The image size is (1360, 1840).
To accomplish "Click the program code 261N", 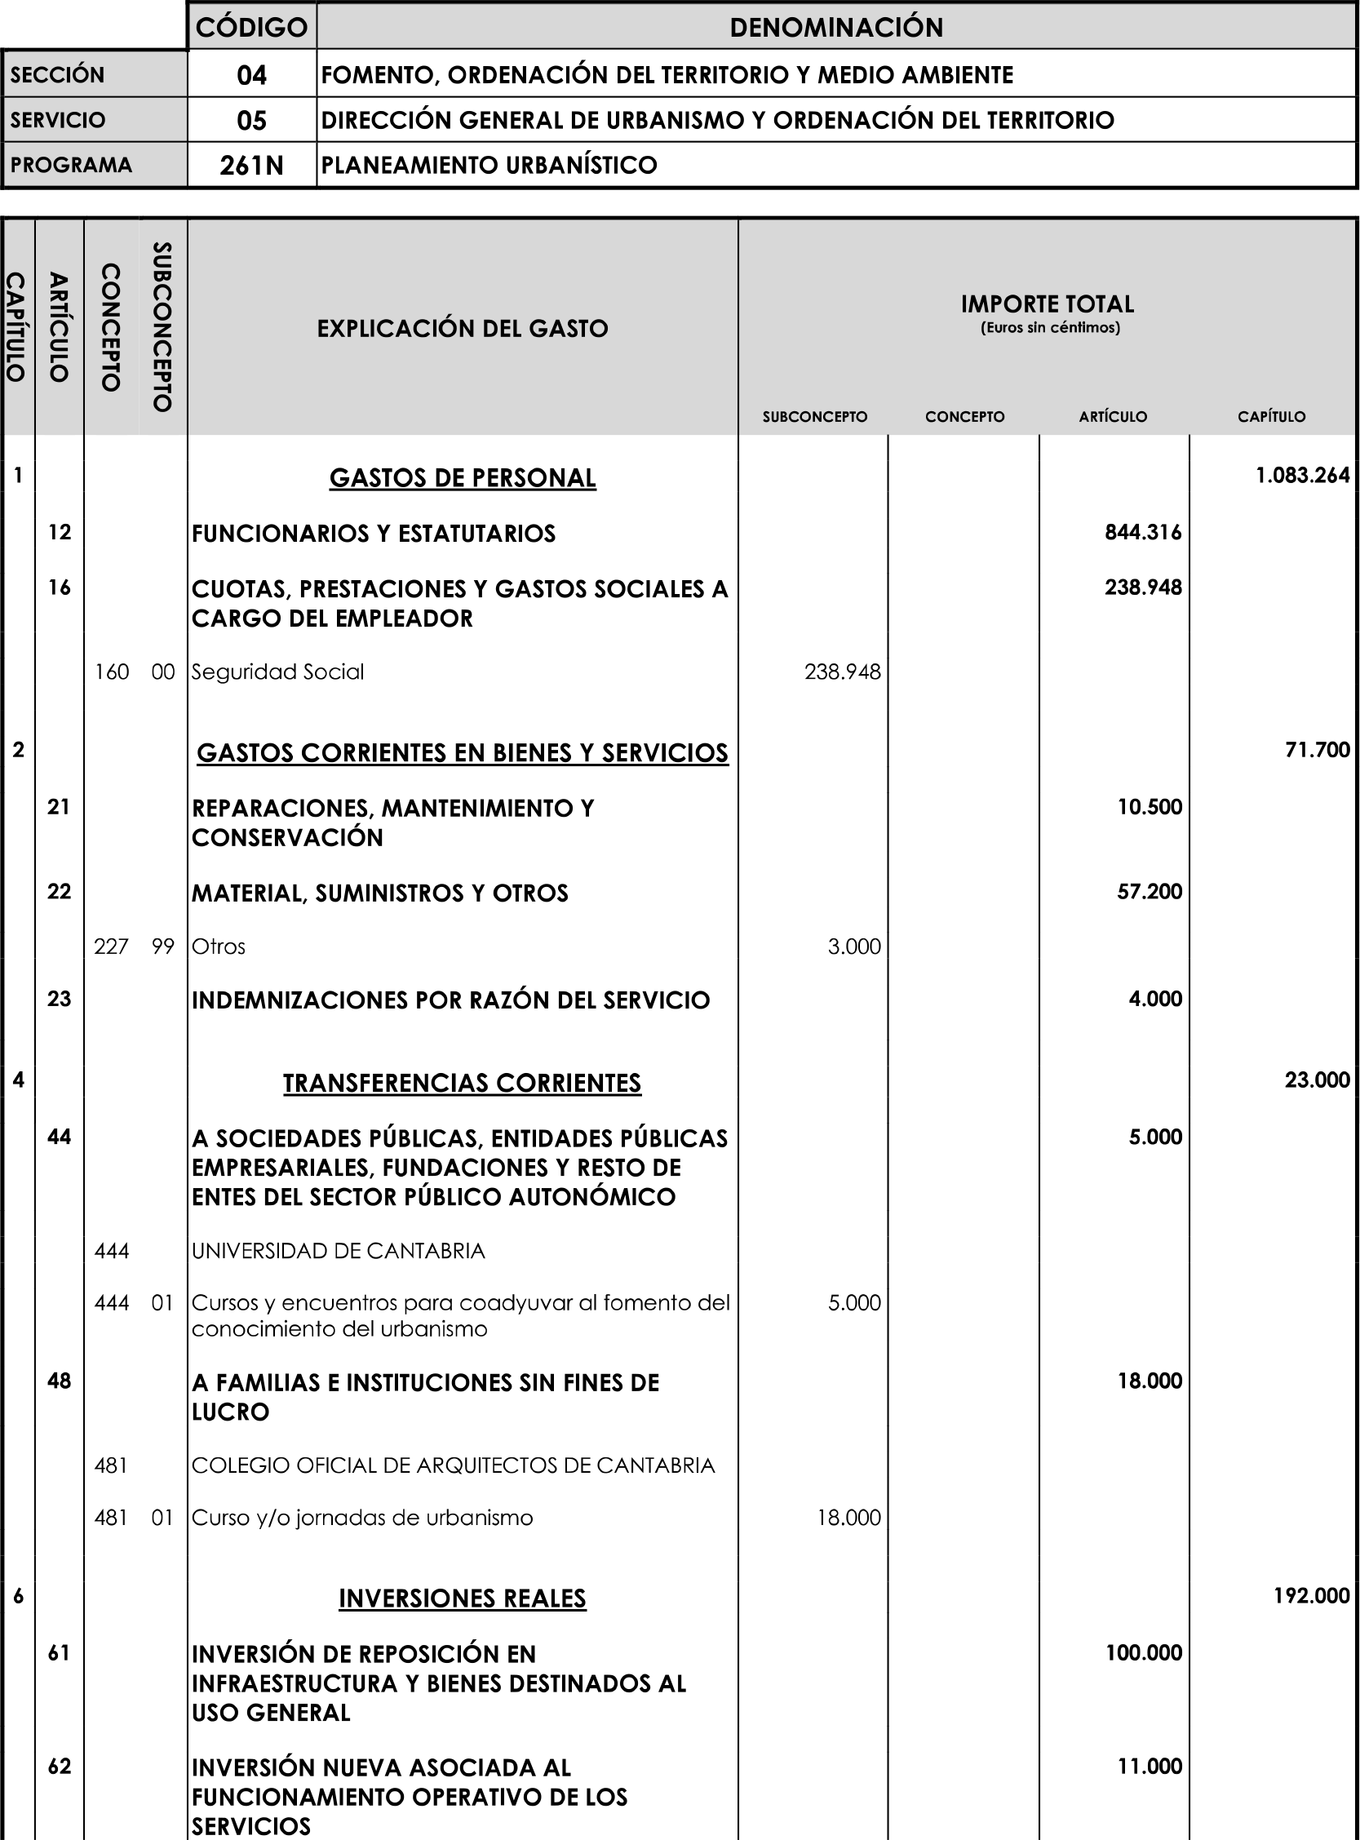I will pos(252,166).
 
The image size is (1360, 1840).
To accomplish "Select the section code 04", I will pos(252,76).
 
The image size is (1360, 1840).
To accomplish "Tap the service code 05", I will pos(252,121).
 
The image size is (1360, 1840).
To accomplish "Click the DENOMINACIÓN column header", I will pos(836,27).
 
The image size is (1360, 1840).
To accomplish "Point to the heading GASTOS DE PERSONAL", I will pos(463,478).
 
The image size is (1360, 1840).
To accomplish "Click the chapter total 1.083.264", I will pos(1302,475).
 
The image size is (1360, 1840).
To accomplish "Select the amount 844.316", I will pos(1143,533).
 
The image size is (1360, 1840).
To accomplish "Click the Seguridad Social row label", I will pos(277,672).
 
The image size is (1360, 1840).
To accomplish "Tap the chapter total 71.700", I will pos(1318,750).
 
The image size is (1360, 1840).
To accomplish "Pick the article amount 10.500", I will pos(1150,807).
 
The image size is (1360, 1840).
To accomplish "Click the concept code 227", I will pos(111,947).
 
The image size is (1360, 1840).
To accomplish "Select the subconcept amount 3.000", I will pos(854,947).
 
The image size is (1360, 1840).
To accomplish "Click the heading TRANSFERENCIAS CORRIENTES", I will pos(463,1084).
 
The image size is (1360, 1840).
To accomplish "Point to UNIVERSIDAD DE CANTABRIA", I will pos(339,1252).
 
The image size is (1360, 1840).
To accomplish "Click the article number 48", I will pos(60,1381).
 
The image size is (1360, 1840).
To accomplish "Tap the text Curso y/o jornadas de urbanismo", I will pos(362,1517).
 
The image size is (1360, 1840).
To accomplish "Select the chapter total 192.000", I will pos(1311,1595).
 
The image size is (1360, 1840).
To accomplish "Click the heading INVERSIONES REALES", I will pos(463,1598).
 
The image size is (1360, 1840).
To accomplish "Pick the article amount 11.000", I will pos(1150,1766).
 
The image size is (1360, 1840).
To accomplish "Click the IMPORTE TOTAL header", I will pos(1048,304).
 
